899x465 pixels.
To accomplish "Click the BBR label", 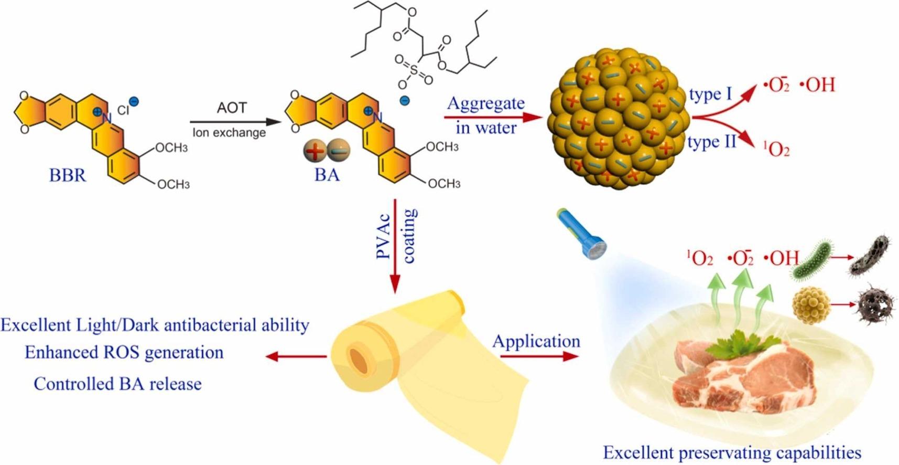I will click(x=67, y=175).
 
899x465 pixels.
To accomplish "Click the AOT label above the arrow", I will click(x=231, y=108).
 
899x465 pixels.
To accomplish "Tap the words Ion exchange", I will click(x=229, y=132).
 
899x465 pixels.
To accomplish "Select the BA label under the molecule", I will click(x=327, y=175).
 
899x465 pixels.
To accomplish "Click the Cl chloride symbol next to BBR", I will click(x=123, y=110).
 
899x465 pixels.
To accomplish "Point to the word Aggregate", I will click(x=485, y=103).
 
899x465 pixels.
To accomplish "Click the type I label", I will click(x=710, y=94).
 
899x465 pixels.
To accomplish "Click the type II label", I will click(x=712, y=142).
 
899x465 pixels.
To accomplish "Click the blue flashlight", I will click(x=582, y=234).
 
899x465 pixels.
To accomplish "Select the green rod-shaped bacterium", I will click(x=813, y=259).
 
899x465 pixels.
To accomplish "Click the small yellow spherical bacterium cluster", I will click(x=811, y=304).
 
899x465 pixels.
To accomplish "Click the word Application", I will click(x=536, y=342).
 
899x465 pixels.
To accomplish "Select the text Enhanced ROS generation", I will click(x=124, y=352).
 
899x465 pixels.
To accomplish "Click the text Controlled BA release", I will click(x=118, y=384).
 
